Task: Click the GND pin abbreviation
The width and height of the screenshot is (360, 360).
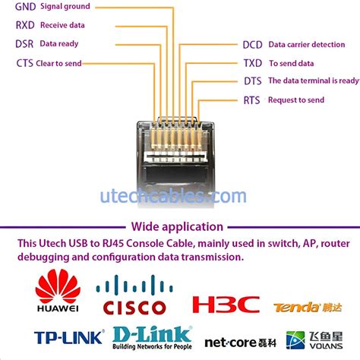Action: point(26,7)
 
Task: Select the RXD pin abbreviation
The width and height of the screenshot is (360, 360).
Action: point(25,25)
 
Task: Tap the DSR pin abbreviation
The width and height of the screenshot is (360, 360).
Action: point(24,44)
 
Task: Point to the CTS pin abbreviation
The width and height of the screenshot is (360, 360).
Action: point(24,63)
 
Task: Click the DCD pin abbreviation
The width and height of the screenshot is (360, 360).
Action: point(253,45)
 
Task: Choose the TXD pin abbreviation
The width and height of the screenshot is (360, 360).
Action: point(252,64)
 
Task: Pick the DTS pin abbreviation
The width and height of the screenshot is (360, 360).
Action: point(252,81)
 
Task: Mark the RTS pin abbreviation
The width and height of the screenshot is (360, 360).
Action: point(251,100)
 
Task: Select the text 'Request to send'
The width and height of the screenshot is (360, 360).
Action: point(296,100)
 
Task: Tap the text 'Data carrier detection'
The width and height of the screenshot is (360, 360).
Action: point(306,45)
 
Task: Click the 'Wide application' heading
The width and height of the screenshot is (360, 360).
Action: point(177,226)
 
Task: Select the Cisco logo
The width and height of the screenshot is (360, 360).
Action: point(131,297)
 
